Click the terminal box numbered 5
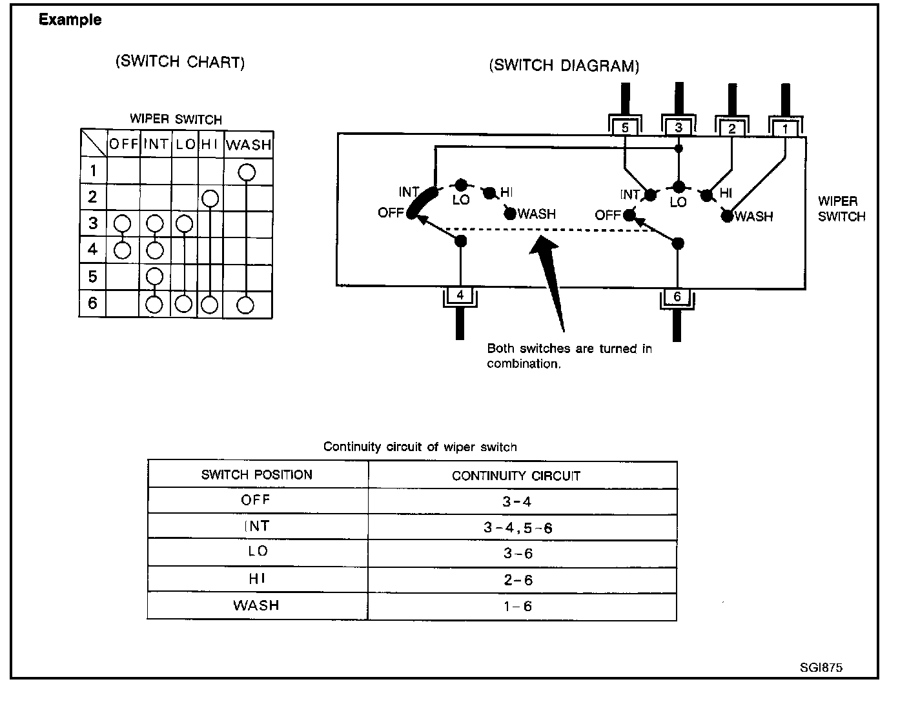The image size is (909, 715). (x=625, y=128)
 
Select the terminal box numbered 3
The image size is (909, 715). (x=678, y=128)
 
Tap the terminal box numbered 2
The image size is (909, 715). (x=731, y=128)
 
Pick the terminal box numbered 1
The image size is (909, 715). (x=785, y=128)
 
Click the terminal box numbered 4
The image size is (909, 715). (x=460, y=296)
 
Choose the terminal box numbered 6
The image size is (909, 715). (x=677, y=297)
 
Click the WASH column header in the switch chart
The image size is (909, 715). (x=249, y=145)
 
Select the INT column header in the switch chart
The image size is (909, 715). (x=156, y=144)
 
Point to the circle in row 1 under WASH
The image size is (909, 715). (x=247, y=172)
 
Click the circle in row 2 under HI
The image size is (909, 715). (x=209, y=198)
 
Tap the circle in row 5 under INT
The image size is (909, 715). (x=154, y=276)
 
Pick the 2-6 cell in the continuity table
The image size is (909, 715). (x=518, y=580)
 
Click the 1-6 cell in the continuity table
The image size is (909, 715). (x=518, y=607)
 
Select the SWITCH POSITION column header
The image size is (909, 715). (x=257, y=475)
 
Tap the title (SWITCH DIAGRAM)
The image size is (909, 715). (x=564, y=66)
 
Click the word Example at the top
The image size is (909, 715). (x=70, y=19)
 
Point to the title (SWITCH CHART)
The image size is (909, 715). (x=179, y=62)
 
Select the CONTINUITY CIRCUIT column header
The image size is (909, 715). (x=516, y=476)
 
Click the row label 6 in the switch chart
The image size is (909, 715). (x=92, y=303)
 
